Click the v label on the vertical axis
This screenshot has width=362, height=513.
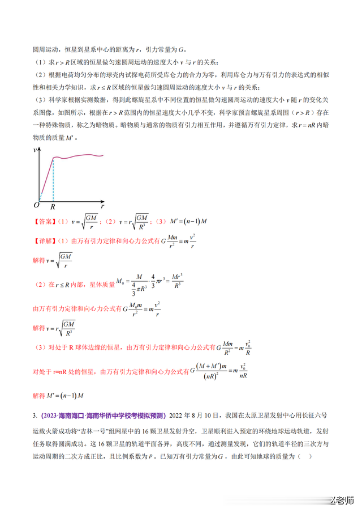[36, 149]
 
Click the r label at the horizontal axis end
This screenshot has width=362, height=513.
[102, 206]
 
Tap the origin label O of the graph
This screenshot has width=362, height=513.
[36, 205]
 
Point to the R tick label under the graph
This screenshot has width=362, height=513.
[53, 207]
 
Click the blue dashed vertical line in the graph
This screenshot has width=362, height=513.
[53, 179]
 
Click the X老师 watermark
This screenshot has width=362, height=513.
[340, 501]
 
